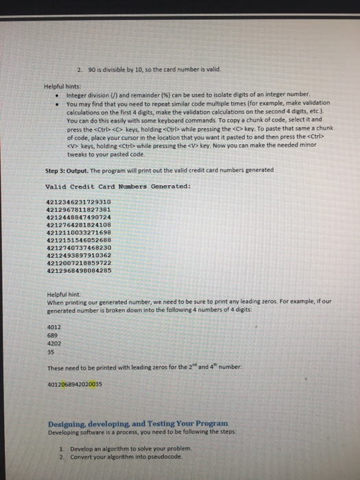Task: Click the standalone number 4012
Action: (53, 327)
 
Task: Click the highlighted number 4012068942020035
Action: (73, 385)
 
